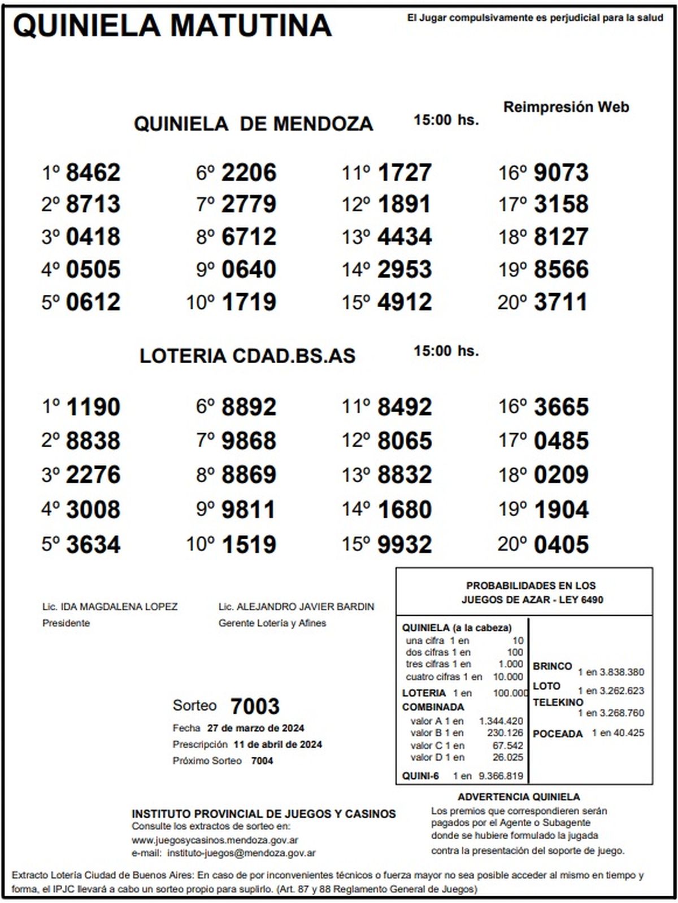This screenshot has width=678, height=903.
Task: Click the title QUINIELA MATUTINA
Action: tap(172, 25)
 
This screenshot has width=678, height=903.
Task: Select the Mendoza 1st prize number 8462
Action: tap(93, 173)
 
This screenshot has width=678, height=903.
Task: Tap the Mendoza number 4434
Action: tap(405, 237)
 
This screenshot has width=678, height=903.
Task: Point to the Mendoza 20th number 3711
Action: tap(560, 302)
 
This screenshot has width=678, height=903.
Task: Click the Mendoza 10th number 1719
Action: tap(249, 302)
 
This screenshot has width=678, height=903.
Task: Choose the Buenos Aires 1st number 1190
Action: tap(93, 407)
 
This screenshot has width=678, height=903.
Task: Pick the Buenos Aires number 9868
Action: tap(249, 441)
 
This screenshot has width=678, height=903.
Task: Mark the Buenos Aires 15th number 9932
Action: tap(405, 544)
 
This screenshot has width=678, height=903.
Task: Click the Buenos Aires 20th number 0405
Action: tap(560, 544)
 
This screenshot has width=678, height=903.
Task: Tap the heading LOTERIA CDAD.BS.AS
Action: tap(247, 356)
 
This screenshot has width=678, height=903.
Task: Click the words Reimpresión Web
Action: tap(566, 107)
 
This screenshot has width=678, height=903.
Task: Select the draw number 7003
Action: tap(255, 706)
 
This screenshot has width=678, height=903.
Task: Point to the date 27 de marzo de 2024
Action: tap(255, 728)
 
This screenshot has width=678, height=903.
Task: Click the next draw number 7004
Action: tap(262, 761)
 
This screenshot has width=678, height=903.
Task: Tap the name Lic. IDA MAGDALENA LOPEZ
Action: tap(110, 607)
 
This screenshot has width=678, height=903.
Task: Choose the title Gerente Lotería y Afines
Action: tap(272, 623)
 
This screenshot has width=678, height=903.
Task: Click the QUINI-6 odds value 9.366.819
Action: tap(501, 776)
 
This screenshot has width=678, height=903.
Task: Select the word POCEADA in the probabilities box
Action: tap(558, 734)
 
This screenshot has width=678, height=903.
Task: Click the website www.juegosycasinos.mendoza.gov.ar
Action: tap(215, 840)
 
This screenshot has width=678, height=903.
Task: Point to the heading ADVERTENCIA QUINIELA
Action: tap(519, 797)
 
